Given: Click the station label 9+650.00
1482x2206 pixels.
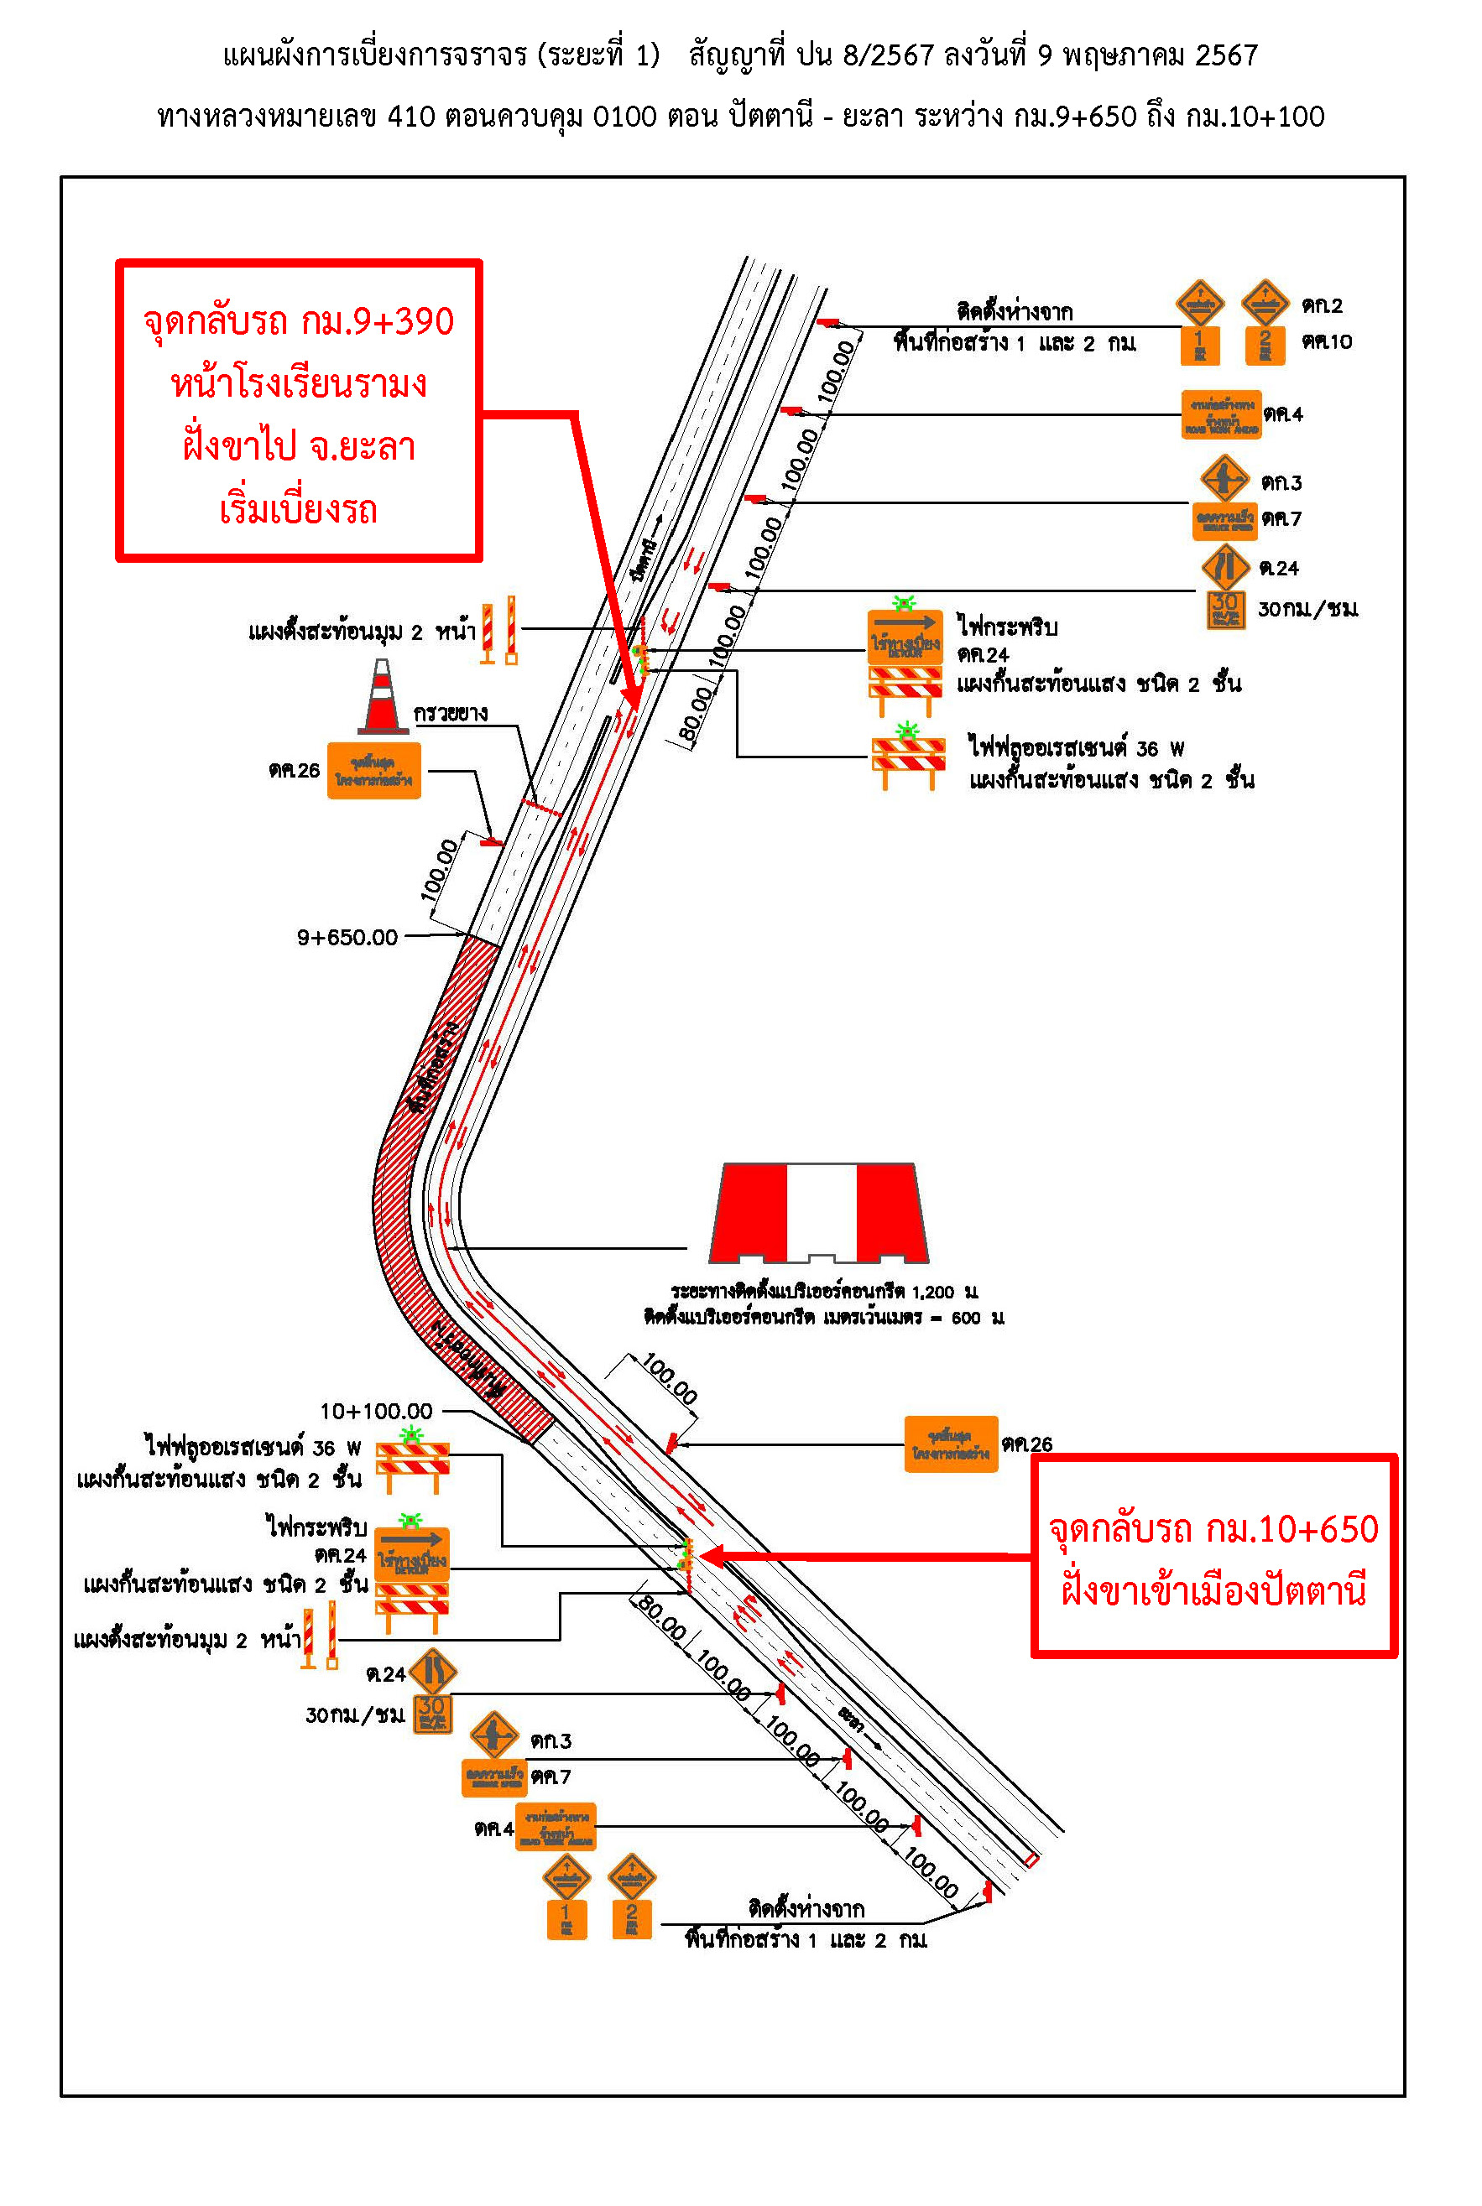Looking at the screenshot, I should click(347, 937).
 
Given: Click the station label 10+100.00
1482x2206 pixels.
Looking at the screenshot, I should click(375, 1412).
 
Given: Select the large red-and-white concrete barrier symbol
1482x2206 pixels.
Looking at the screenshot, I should click(819, 1213).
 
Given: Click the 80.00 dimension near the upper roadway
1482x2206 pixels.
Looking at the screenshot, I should click(696, 715).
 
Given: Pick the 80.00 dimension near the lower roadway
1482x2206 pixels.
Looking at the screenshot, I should click(661, 1617).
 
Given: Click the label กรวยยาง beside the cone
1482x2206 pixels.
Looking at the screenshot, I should click(450, 713).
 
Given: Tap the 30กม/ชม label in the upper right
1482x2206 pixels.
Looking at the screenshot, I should click(1307, 609).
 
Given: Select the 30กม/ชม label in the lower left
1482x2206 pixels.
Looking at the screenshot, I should click(354, 1714).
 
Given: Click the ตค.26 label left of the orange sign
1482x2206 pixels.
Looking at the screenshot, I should click(294, 771).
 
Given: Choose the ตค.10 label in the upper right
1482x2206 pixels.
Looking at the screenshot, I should click(1326, 341).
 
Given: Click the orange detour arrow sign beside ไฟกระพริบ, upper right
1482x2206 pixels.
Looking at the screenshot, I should click(905, 635).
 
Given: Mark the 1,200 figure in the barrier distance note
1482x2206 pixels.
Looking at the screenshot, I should click(933, 1292).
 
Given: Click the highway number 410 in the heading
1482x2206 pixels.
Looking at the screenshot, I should click(410, 117).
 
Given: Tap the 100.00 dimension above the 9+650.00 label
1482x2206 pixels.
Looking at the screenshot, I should click(439, 870).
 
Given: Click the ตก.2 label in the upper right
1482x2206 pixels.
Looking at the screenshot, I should click(1322, 306).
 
